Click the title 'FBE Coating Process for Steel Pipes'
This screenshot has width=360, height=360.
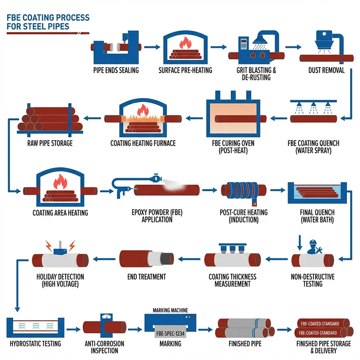48,22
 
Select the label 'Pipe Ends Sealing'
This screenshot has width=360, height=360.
116,70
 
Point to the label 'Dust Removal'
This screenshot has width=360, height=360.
326,70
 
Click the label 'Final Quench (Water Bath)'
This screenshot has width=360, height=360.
317,216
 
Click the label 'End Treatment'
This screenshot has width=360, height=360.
146,277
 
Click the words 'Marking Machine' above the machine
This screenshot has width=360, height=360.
170,310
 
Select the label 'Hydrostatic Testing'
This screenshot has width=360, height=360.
35,344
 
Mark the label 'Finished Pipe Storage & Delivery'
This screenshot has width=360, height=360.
324,347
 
